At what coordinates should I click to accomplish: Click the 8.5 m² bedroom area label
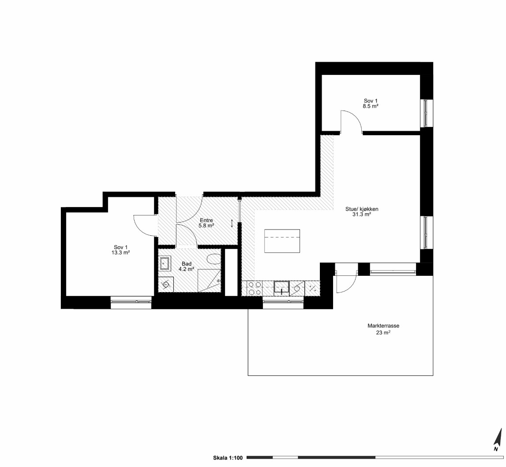pos(371,106)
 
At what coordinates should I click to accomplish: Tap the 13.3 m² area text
pos(121,253)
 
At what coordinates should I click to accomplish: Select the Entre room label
pos(206,220)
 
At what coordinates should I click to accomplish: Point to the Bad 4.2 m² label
pos(187,266)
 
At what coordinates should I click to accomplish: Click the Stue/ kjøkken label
pos(362,209)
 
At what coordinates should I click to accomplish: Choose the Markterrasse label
pos(383,326)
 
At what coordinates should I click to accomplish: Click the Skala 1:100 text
pos(228,458)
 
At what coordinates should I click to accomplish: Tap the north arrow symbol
pos(499,440)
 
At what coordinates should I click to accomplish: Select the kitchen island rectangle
pos(282,241)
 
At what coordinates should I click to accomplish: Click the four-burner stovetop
pos(255,289)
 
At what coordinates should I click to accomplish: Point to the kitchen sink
pos(282,289)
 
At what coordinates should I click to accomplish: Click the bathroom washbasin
pos(165,263)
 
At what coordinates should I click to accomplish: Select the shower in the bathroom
pos(210,281)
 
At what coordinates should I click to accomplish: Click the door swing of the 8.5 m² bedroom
pos(351,122)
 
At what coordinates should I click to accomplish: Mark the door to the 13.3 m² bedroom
pos(145,226)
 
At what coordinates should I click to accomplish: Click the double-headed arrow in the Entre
pos(232,223)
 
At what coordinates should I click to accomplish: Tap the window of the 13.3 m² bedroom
pos(131,301)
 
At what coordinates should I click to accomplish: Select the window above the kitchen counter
pos(283,301)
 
